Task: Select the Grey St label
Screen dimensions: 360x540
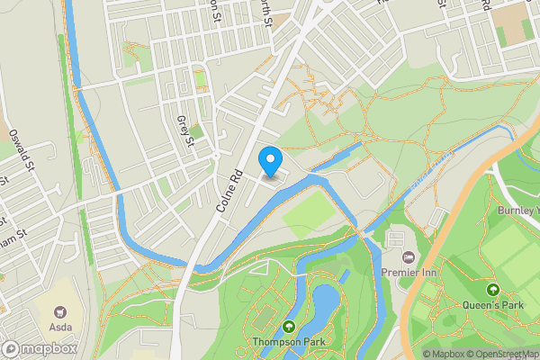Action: (x=185, y=131)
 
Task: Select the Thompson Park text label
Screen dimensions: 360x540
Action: (x=289, y=341)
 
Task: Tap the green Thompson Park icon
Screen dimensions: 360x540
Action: (x=289, y=326)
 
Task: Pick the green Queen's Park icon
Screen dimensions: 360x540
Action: (x=492, y=290)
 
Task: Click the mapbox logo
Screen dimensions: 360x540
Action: (x=40, y=348)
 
